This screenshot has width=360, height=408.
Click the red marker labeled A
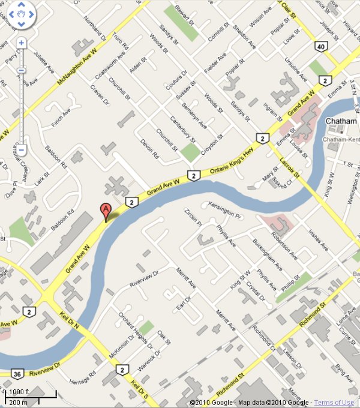[x=105, y=211]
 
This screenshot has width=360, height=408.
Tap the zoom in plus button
[x=21, y=43]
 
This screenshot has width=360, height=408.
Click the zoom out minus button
[x=21, y=149]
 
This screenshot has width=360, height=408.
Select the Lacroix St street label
[x=291, y=167]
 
